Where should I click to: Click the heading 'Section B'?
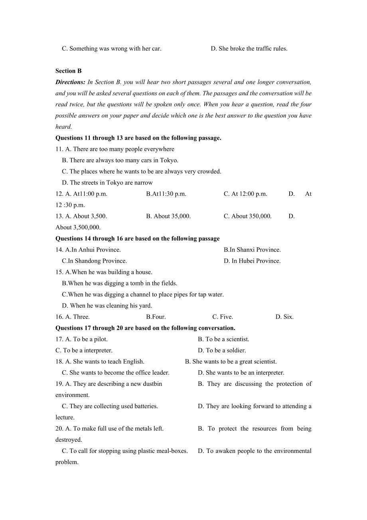(x=69, y=71)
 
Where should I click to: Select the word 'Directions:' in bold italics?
(x=70, y=82)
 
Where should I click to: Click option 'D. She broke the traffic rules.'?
(x=249, y=49)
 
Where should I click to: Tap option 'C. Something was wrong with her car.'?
(x=111, y=49)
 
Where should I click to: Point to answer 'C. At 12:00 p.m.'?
(x=245, y=194)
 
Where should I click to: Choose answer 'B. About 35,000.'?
(x=168, y=216)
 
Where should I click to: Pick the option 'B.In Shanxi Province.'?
(x=252, y=250)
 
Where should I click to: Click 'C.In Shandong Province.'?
(x=94, y=261)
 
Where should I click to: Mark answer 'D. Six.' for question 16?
(x=284, y=317)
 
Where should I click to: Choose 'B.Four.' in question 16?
(x=156, y=317)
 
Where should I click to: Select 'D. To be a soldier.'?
(x=222, y=351)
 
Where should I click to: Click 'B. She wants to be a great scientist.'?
(x=231, y=362)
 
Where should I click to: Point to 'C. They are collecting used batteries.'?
(x=110, y=407)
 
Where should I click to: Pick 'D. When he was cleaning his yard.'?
(x=107, y=306)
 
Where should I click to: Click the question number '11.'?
(x=59, y=149)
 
